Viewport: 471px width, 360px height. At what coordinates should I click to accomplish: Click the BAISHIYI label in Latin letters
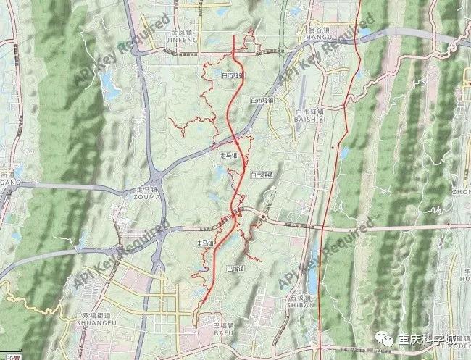(313, 120)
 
